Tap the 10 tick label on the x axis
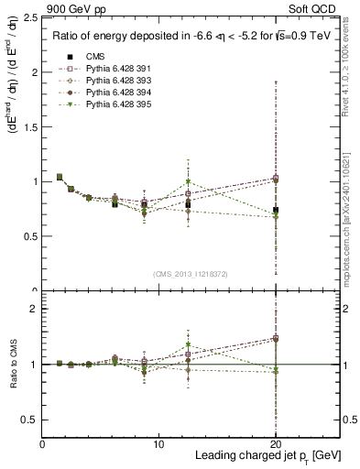(158, 443)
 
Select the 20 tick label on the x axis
(275, 443)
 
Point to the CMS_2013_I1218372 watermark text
(191, 274)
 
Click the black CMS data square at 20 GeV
(276, 210)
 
